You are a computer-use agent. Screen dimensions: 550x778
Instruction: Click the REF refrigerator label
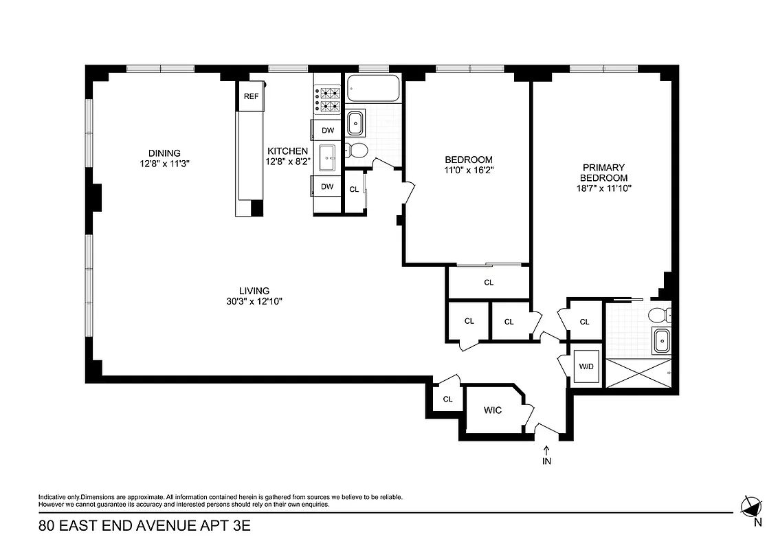pos(251,96)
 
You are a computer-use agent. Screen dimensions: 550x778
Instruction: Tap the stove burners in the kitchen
pos(328,100)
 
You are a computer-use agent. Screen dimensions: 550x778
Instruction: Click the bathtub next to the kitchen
pos(373,89)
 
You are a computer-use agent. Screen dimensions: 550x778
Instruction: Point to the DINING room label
pos(164,153)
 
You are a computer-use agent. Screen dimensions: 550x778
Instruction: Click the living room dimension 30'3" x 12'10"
pos(254,301)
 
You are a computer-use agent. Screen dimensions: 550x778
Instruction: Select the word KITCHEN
pos(287,151)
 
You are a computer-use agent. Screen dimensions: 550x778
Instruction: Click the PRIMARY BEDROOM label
pos(603,173)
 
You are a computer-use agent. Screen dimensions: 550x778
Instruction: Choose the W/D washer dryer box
pos(586,367)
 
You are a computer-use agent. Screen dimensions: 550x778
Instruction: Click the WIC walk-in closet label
pos(493,411)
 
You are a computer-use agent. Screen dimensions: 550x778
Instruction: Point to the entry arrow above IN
pos(547,450)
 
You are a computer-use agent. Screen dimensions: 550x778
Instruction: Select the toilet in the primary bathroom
pos(658,316)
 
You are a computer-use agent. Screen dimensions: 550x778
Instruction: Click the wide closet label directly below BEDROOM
pos(489,283)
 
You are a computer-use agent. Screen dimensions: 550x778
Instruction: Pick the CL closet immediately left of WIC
pos(447,399)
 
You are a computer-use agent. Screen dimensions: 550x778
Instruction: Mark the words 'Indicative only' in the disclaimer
pos(59,496)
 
